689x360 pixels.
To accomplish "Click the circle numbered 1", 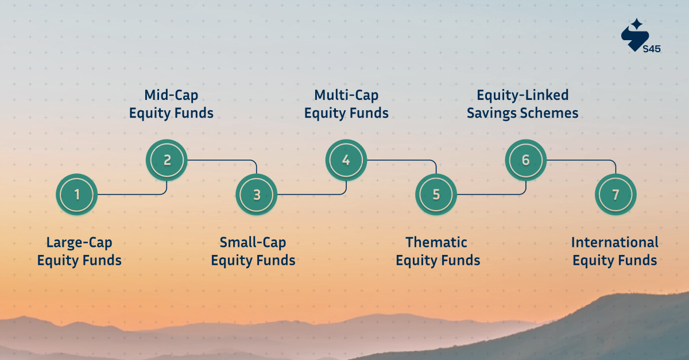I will [x=76, y=195].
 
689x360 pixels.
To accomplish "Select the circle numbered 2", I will [x=167, y=160].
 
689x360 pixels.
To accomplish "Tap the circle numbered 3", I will [x=257, y=195].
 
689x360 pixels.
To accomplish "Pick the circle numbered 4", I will [x=346, y=160].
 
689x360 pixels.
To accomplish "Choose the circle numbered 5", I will [x=436, y=195].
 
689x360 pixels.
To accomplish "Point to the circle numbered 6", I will [x=526, y=160].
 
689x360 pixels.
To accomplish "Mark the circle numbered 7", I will [x=616, y=195].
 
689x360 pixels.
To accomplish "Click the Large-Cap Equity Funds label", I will [x=79, y=251].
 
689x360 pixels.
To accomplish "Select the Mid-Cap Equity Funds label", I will [x=171, y=104].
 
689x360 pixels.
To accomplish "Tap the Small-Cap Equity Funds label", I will [x=253, y=251].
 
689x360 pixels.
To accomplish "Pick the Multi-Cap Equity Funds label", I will [x=346, y=104].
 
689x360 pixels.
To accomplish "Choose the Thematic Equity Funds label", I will [x=438, y=251].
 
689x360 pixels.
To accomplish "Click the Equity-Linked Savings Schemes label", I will [x=522, y=104].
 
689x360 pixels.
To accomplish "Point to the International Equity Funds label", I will [x=614, y=251].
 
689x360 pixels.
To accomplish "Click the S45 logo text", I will [x=652, y=49].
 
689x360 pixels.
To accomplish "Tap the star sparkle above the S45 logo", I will [x=636, y=24].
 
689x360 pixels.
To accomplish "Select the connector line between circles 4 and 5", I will [x=402, y=160].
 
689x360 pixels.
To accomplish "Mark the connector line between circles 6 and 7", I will [x=580, y=160].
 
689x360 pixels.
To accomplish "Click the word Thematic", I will [x=436, y=242].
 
